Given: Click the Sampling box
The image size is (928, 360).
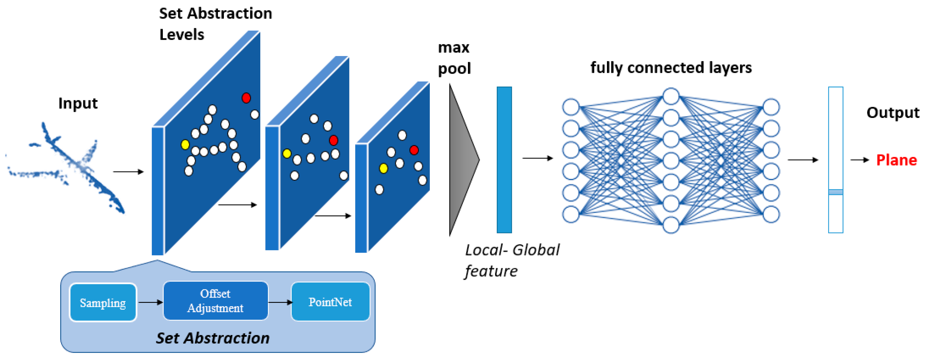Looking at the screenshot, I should (x=103, y=302).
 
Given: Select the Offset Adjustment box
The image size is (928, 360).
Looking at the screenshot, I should (x=215, y=301).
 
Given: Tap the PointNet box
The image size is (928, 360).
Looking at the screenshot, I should (x=330, y=302).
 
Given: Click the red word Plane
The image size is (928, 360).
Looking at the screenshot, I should (x=896, y=160).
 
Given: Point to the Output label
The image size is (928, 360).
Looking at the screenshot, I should (x=892, y=113).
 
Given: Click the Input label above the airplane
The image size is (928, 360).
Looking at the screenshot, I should (x=78, y=103).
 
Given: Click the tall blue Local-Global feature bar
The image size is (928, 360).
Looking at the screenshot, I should (x=504, y=160).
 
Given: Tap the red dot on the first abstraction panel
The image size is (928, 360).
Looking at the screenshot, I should (x=246, y=98).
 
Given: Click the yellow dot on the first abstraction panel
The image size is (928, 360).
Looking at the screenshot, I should (x=185, y=145).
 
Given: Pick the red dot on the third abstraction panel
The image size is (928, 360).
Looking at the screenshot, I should (x=414, y=150).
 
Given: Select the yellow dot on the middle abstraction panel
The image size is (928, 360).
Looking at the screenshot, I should (x=287, y=154).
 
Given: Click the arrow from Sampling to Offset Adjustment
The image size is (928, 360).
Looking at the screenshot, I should (x=150, y=302).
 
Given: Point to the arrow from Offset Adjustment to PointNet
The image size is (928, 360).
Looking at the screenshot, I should (x=280, y=302).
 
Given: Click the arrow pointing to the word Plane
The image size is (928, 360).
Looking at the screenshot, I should (x=860, y=160).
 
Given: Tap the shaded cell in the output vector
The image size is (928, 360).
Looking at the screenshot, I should (x=836, y=192).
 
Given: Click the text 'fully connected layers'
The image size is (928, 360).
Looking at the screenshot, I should (x=671, y=68).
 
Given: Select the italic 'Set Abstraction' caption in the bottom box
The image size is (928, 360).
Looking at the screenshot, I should (x=213, y=338).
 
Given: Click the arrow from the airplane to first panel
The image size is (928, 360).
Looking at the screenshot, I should (x=128, y=171).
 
